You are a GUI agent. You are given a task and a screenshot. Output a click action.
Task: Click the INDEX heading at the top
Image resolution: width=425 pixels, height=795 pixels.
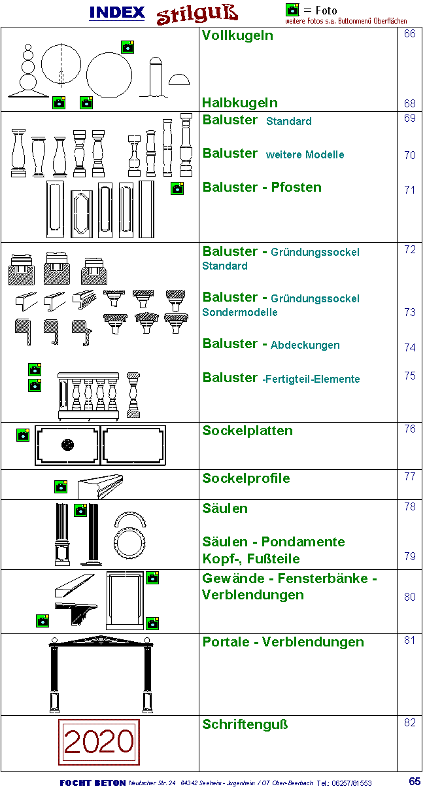pos(116,12)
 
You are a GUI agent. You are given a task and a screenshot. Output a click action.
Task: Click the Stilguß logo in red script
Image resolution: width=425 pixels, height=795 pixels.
pos(196,14)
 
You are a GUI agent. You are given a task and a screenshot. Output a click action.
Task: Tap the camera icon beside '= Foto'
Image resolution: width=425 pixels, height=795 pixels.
pos(292,10)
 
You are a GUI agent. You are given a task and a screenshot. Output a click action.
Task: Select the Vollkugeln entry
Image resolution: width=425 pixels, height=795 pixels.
pos(237,35)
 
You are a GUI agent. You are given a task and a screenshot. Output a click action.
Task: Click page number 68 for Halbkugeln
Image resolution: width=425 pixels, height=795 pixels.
pos(409,103)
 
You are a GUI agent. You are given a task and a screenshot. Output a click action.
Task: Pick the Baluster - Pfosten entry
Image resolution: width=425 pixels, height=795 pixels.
pos(262,187)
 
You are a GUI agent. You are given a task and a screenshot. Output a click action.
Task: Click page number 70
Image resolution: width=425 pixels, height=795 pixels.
pos(409,156)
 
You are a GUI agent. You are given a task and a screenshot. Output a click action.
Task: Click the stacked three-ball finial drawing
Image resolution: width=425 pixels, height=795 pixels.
pos(27,72)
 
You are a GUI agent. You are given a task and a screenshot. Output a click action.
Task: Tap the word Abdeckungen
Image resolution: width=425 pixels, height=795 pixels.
pos(305,345)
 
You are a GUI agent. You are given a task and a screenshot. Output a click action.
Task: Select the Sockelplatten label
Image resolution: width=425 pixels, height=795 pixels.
pos(247,431)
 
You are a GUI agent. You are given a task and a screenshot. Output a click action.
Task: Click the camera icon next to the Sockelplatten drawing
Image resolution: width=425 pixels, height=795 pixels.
pos(23,434)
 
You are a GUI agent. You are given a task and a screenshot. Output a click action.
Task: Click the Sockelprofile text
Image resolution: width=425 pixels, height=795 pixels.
pos(246,478)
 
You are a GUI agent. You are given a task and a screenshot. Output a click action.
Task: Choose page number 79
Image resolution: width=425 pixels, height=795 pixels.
pos(409,556)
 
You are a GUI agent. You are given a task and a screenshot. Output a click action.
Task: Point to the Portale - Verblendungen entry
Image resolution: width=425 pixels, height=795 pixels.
pos(283,642)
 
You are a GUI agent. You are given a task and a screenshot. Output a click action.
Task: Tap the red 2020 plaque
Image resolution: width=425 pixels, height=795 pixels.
pos(99,742)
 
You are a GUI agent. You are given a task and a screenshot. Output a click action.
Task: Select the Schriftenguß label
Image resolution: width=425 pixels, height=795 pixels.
pos(245,724)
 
